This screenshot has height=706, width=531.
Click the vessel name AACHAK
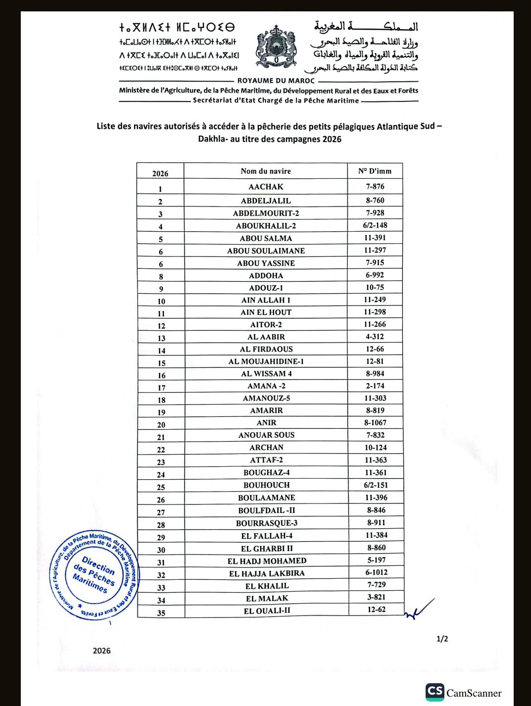pyautogui.click(x=266, y=187)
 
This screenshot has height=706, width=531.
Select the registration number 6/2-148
pyautogui.click(x=375, y=225)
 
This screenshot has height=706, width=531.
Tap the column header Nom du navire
pyautogui.click(x=266, y=171)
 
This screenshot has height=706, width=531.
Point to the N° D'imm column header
pyautogui.click(x=375, y=171)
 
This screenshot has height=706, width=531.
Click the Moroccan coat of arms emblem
pyautogui.click(x=276, y=47)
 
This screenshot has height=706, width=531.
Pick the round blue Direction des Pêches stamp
pyautogui.click(x=94, y=575)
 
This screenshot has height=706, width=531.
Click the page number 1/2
pyautogui.click(x=442, y=639)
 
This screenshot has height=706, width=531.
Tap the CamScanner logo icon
pyautogui.click(x=435, y=692)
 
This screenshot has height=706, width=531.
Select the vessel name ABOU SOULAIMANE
pyautogui.click(x=266, y=251)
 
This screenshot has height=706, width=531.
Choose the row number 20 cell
pyautogui.click(x=161, y=425)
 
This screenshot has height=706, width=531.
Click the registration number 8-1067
pyautogui.click(x=375, y=423)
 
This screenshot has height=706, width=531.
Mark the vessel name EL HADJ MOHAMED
pyautogui.click(x=267, y=561)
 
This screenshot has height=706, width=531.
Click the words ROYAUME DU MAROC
pyautogui.click(x=276, y=81)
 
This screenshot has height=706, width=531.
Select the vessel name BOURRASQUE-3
pyautogui.click(x=267, y=523)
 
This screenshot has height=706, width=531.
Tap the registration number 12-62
pyautogui.click(x=376, y=609)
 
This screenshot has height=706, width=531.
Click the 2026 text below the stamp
pyautogui.click(x=101, y=651)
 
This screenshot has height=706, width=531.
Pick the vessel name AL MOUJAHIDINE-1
pyautogui.click(x=266, y=361)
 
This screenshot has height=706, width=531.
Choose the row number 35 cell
pyautogui.click(x=161, y=612)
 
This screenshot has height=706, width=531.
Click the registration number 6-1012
pyautogui.click(x=376, y=572)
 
